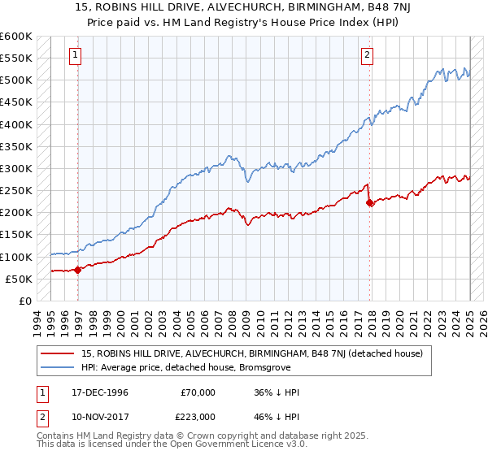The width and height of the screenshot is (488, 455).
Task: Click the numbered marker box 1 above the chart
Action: coord(75,55)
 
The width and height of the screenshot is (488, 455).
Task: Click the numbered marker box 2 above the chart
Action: coord(367,55)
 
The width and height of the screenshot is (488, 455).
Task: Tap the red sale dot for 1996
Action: coord(78,270)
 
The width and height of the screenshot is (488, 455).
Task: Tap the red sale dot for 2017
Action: coord(370,202)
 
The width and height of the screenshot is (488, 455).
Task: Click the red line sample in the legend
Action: coord(59,353)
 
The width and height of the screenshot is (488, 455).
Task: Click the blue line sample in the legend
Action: coord(59,367)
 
